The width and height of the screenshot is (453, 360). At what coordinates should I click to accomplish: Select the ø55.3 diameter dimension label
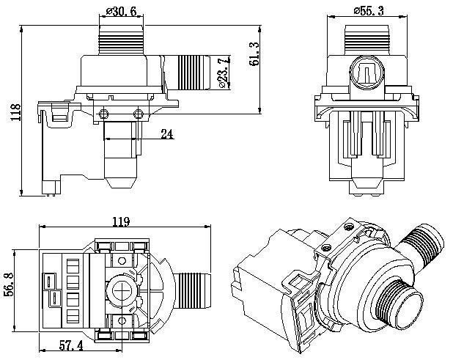click(x=370, y=11)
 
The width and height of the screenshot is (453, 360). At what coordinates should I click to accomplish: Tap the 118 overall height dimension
click(x=13, y=112)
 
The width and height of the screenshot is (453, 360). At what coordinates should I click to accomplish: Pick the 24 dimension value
click(x=167, y=134)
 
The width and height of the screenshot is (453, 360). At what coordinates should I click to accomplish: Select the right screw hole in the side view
click(x=140, y=111)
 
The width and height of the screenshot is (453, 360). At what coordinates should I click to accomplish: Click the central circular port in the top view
click(x=122, y=287)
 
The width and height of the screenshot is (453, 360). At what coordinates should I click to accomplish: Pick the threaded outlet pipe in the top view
click(x=194, y=287)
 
